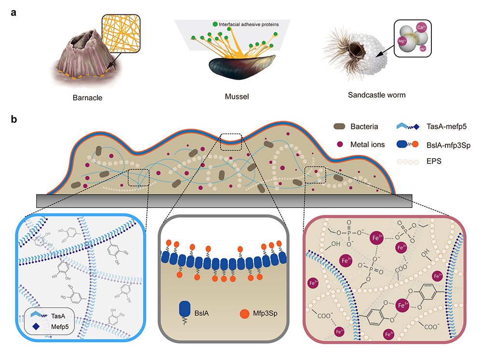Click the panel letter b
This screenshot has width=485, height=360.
[14, 117]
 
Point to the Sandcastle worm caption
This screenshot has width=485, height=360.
[377, 95]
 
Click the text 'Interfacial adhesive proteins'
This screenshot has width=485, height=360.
[246, 24]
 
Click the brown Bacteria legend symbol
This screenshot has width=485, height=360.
[339, 127]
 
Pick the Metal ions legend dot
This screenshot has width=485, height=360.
[339, 144]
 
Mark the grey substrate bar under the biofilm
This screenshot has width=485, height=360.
[224, 200]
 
